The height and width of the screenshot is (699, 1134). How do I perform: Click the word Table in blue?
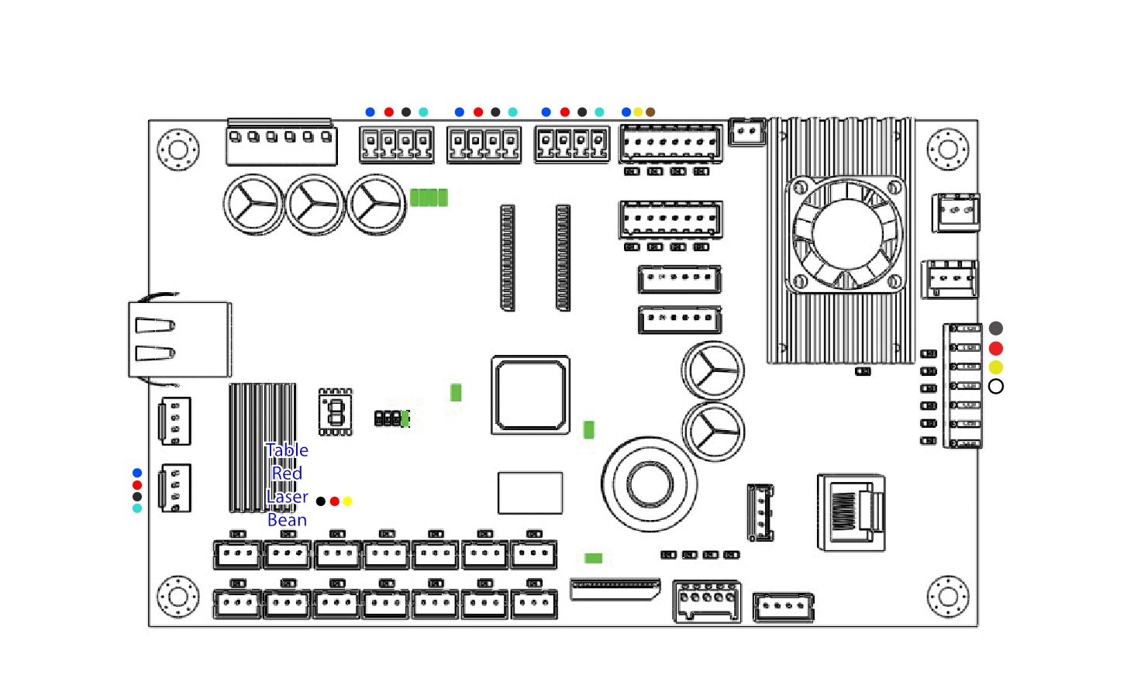287,450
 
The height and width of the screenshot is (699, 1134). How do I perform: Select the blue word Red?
287,473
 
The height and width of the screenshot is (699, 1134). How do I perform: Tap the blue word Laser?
287,497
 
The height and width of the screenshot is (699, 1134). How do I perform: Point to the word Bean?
287,520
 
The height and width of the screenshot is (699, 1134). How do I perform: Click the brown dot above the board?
650,112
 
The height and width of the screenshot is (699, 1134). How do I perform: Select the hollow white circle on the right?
996,386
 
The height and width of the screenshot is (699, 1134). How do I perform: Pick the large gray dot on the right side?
996,329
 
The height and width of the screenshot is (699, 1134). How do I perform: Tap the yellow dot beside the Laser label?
347,501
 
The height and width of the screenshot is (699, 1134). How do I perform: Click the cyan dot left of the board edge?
137,508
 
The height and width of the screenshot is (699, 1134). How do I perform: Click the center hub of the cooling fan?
847,233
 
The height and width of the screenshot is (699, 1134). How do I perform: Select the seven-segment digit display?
336,411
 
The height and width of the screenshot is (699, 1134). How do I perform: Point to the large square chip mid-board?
531,395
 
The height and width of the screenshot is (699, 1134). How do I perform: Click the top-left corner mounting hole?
178,149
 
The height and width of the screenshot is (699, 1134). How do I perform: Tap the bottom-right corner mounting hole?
948,597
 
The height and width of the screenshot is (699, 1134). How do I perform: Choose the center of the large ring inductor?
649,484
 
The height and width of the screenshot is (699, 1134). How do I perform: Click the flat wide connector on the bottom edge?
615,589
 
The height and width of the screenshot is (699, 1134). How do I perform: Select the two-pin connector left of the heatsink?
747,132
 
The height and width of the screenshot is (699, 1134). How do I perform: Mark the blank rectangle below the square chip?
530,493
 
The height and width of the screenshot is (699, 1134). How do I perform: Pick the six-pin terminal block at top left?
281,143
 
